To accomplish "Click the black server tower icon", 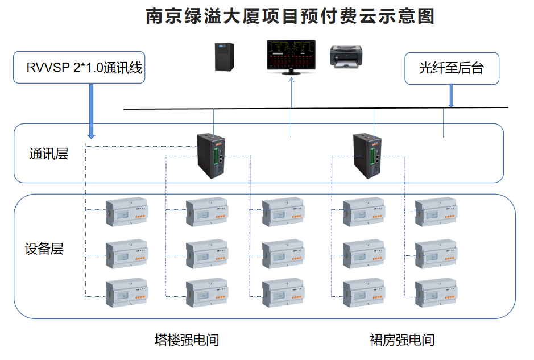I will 224,56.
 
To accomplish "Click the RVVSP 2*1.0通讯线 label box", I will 79,68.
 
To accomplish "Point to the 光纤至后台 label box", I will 452,68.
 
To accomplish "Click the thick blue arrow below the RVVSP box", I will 90,111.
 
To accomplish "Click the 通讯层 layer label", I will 49,154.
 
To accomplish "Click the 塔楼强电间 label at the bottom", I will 187,340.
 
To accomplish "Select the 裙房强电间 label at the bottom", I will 402,340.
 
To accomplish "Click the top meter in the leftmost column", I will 126,212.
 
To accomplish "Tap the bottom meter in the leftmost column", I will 126,293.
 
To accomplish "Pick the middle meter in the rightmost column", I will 435,254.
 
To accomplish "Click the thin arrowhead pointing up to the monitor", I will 291,80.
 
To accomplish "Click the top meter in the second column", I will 206,212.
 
